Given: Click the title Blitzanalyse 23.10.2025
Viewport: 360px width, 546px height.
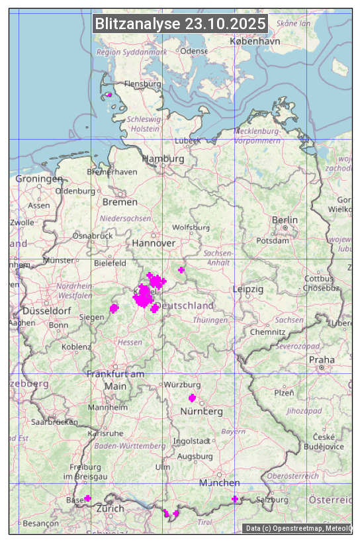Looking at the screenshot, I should [180, 24].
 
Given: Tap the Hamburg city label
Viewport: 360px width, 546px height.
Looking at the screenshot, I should [163, 159].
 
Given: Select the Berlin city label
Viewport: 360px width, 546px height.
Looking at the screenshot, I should [285, 220].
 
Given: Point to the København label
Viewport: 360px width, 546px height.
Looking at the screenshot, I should [255, 41].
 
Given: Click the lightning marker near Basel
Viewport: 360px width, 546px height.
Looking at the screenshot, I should [87, 498].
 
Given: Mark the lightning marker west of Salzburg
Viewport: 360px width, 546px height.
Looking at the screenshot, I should [234, 498].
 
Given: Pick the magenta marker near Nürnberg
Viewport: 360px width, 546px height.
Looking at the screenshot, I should [192, 398].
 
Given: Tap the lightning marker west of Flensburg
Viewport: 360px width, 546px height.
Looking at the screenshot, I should [109, 95].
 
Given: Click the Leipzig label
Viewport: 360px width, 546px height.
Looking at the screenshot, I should [248, 289].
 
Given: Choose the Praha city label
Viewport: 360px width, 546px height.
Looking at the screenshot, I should [322, 359].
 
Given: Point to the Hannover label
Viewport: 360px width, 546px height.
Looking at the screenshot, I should [154, 243].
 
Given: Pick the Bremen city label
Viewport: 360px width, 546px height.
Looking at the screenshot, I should [120, 201].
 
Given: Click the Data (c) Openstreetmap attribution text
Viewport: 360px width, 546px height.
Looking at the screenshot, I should [298, 528].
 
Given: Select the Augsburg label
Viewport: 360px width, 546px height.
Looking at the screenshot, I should [195, 457].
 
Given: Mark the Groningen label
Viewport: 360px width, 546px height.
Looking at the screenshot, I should [39, 179].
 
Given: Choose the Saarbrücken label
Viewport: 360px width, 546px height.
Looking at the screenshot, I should [55, 421].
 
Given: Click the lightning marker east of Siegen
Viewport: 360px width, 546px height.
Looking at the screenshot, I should [114, 308].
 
